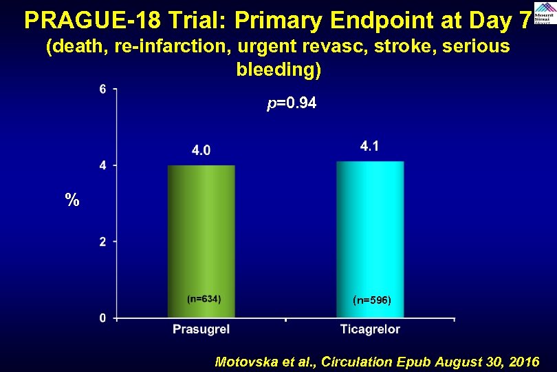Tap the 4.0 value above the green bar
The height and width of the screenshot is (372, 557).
coord(201,150)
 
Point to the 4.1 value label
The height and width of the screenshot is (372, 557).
coord(369,146)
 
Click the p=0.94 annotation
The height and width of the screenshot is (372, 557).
coord(292,104)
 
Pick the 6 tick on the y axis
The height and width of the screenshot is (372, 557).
coord(103,89)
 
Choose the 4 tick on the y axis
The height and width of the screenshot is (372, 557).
coord(103,165)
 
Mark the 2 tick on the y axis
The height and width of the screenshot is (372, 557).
coord(103,242)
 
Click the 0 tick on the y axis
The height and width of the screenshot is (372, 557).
coord(103,318)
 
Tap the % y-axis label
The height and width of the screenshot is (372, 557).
coord(72,201)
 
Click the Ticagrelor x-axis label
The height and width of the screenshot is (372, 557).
coord(370,330)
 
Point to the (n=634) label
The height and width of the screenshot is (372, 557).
coord(204,298)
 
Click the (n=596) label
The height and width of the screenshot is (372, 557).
coord(371,300)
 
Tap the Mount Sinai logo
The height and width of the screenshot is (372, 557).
coord(544,14)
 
